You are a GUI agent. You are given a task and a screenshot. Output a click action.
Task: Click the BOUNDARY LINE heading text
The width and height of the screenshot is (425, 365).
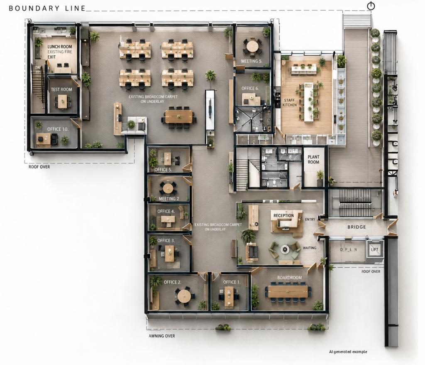coord(47,8)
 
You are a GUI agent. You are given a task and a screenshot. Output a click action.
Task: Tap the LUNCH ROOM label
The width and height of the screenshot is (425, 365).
coord(60,47)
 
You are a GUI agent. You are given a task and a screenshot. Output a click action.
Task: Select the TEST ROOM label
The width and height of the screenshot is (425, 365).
coord(61,89)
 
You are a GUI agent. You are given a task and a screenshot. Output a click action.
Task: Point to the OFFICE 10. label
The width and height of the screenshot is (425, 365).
coord(58,129)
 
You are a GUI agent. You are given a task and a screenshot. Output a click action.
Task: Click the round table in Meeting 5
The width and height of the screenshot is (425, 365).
coord(252,46)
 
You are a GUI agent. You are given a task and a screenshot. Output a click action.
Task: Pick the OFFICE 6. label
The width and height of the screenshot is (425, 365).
coord(250,88)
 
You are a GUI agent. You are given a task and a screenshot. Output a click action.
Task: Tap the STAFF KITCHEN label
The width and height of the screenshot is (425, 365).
coord(289,103)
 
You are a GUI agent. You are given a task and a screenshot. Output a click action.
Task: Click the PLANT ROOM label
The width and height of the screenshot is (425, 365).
coord(313,159)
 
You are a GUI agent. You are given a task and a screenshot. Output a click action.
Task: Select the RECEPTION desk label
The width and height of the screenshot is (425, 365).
coord(283,215)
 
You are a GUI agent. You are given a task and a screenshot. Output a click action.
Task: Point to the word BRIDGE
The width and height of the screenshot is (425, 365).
coord(357,227)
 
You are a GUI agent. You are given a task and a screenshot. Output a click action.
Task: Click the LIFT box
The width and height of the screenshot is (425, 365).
coord(374,249)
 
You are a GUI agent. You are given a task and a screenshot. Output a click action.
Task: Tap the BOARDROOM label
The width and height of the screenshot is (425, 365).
coord(289,278)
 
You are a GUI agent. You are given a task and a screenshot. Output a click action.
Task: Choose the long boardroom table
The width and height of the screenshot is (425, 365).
coord(288,291)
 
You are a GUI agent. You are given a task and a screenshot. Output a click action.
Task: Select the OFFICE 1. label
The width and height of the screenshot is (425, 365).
coord(232,282)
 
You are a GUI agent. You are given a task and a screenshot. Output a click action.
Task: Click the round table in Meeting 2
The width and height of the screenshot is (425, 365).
coord(168,187)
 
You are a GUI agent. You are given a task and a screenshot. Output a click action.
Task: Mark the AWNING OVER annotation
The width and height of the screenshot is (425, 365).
coord(162,336)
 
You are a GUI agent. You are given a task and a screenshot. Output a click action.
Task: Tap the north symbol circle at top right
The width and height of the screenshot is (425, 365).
coord(371,6)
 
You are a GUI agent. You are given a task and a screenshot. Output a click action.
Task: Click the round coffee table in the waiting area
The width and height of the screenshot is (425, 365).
coord(285,249)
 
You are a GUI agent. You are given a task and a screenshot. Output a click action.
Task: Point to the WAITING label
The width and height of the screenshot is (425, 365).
coord(310,248)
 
